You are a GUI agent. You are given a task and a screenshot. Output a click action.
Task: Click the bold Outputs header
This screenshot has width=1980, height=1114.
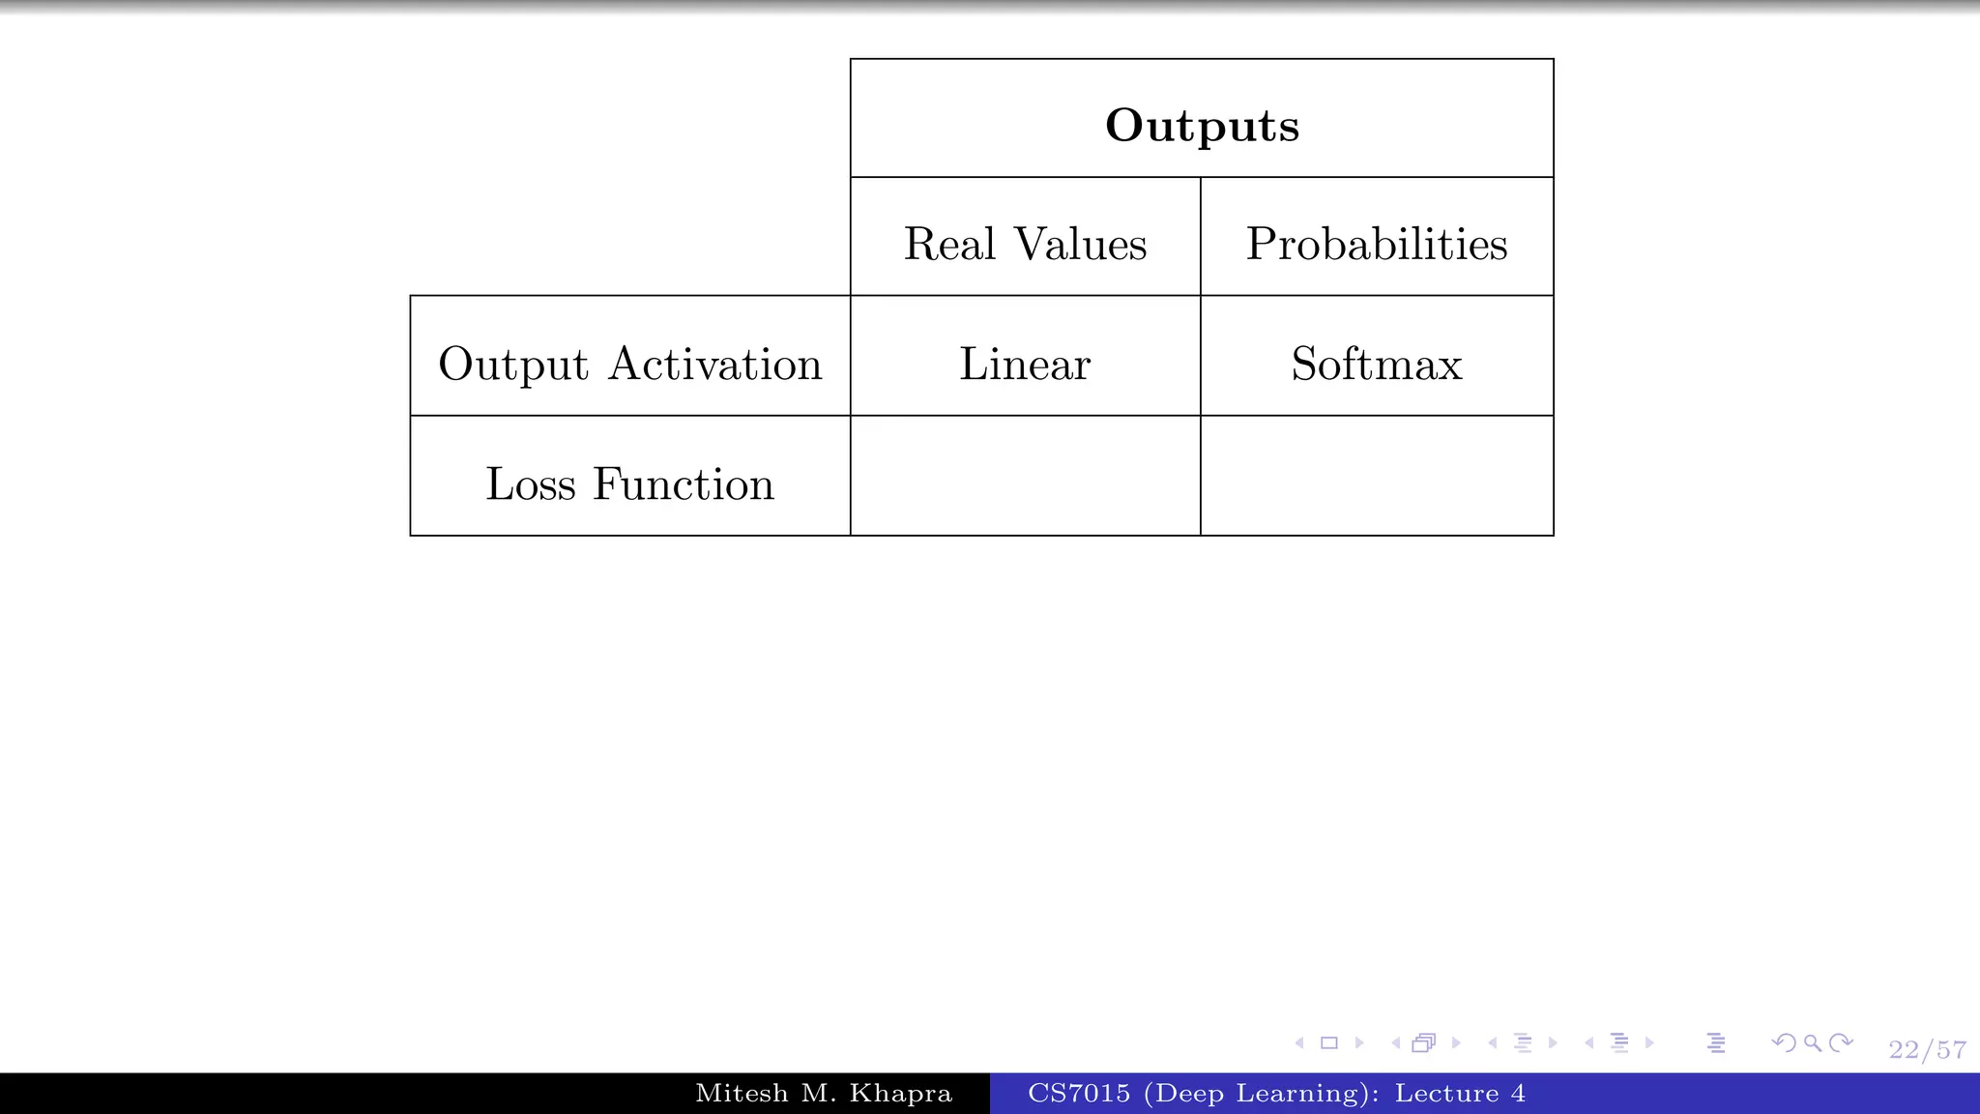point(1202,126)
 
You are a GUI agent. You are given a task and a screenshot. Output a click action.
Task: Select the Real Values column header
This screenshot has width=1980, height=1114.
point(1025,244)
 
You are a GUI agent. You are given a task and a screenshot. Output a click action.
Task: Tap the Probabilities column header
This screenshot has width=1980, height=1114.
point(1376,244)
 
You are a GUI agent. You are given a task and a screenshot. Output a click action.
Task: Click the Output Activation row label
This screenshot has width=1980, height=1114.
point(629,365)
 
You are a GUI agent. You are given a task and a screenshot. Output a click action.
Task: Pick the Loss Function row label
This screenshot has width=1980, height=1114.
point(629,484)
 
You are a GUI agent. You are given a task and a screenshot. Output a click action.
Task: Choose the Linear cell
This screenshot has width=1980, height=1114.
point(1025,365)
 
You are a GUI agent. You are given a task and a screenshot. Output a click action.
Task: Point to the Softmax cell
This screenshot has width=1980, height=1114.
point(1376,365)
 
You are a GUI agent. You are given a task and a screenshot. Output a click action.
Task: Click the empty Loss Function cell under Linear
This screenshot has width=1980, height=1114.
point(1025,476)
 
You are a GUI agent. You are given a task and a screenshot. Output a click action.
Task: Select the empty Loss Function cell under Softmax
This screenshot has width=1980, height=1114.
point(1376,476)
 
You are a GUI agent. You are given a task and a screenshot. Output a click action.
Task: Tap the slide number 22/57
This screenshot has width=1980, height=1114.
point(1927,1050)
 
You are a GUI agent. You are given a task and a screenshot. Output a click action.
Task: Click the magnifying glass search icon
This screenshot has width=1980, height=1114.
point(1813,1042)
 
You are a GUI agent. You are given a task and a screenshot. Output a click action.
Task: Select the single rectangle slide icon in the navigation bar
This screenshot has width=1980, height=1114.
point(1329,1042)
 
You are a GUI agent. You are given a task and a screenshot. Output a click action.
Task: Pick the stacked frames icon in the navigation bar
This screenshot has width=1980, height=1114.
point(1423,1042)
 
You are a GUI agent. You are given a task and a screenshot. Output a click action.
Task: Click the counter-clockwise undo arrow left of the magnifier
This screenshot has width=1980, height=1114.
point(1784,1042)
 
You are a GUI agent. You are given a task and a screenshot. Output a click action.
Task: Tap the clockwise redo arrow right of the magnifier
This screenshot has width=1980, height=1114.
point(1842,1042)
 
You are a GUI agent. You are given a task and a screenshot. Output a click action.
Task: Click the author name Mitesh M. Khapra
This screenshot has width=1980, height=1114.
point(824,1094)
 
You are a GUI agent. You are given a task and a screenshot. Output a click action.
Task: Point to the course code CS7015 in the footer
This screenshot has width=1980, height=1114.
point(1079,1094)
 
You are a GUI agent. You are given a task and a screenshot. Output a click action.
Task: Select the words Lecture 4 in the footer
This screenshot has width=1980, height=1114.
point(1460,1094)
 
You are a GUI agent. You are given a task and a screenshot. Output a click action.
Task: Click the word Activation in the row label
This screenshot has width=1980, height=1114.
point(715,365)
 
